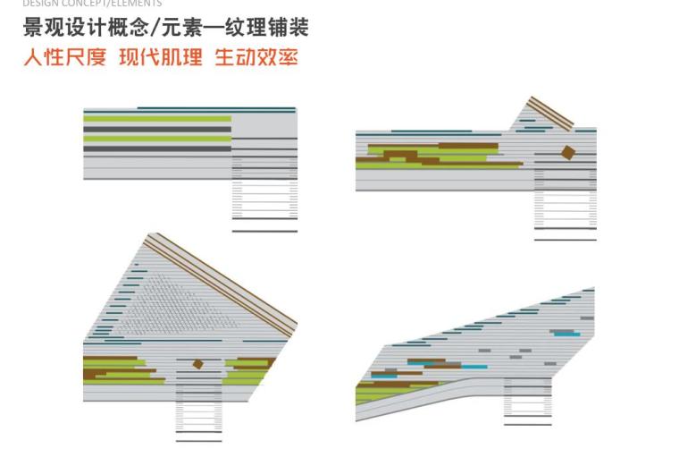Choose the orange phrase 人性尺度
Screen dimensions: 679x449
point(64,59)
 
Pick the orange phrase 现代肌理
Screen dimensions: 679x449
point(161,59)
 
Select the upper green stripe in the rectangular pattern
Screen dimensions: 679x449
point(156,118)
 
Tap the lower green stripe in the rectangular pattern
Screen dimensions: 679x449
point(156,139)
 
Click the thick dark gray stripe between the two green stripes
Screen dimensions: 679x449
point(156,129)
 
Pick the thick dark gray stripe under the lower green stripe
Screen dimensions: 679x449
point(156,149)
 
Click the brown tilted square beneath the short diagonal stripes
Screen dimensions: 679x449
point(567,153)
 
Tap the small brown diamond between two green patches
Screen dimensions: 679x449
point(197,364)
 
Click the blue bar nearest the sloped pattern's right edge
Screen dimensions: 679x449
point(565,334)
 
